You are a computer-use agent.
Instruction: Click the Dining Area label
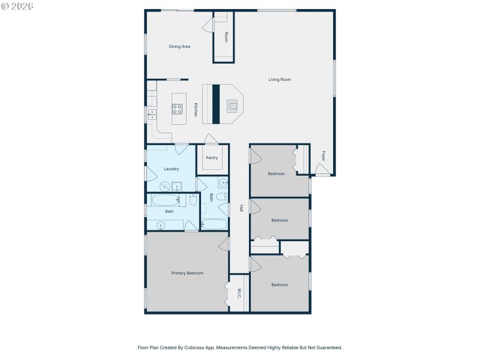tap(179, 46)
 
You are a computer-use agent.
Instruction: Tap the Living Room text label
tap(280, 79)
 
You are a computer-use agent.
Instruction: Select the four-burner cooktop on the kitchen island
tap(178, 109)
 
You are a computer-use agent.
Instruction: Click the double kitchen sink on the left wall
tap(152, 114)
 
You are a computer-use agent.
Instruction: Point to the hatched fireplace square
tap(232, 106)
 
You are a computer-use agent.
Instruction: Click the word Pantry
tap(212, 158)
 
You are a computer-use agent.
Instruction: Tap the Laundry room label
tap(172, 169)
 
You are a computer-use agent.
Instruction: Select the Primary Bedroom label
tap(187, 273)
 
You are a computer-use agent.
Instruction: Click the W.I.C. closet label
tap(239, 293)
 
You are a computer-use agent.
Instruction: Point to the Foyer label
tap(323, 155)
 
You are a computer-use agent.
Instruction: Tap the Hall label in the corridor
tap(241, 208)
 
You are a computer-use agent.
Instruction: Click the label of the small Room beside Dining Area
tap(226, 37)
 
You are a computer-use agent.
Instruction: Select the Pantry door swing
tap(211, 139)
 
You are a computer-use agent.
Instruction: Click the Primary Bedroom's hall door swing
tap(224, 243)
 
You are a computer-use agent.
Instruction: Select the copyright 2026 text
tap(17, 6)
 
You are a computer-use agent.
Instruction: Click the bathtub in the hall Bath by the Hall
tap(214, 224)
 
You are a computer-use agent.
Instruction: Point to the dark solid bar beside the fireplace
tap(216, 104)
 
